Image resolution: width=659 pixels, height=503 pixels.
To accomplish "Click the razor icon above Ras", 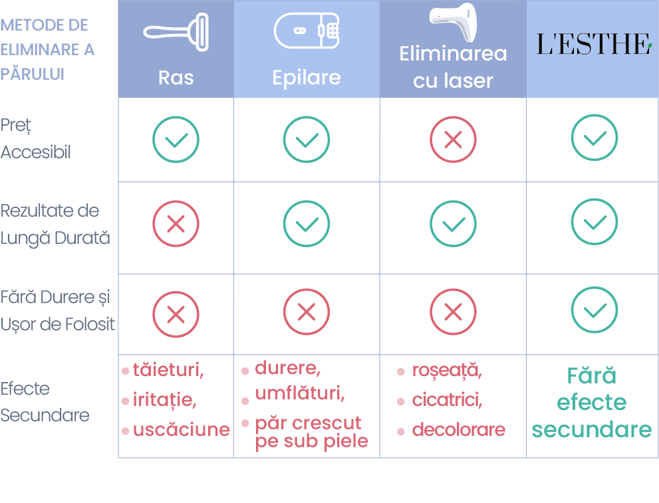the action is (176, 32).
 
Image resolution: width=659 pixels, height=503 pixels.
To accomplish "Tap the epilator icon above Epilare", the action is (307, 30).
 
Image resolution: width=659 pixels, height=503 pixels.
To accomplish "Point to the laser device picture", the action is (454, 22).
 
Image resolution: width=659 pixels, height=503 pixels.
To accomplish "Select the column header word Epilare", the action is (307, 78).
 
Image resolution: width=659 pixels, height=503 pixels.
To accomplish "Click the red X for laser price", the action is (453, 140).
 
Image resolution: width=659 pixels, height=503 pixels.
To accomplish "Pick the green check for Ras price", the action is (176, 140).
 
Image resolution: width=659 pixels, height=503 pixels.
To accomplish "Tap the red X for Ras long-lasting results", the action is (176, 223).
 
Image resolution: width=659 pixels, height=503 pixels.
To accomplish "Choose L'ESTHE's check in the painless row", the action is (594, 310).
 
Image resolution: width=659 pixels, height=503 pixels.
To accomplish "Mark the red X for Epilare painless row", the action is (307, 312).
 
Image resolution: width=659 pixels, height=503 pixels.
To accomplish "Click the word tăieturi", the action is (168, 370).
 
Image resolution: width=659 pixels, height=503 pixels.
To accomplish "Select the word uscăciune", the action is (181, 429).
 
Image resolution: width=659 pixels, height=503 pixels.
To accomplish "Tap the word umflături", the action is (300, 393).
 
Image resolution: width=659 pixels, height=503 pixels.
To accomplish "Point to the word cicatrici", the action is (447, 400).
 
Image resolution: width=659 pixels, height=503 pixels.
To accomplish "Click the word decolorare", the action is (459, 429).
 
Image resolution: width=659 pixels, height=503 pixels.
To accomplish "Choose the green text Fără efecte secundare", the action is (592, 402).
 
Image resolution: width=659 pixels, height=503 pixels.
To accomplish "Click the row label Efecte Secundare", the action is (45, 402).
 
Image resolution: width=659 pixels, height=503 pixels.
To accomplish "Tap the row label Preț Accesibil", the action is (35, 139).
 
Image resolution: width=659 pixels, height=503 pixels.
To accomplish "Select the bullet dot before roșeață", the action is (401, 371).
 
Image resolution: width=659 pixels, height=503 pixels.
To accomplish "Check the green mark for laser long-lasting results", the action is (453, 223).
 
